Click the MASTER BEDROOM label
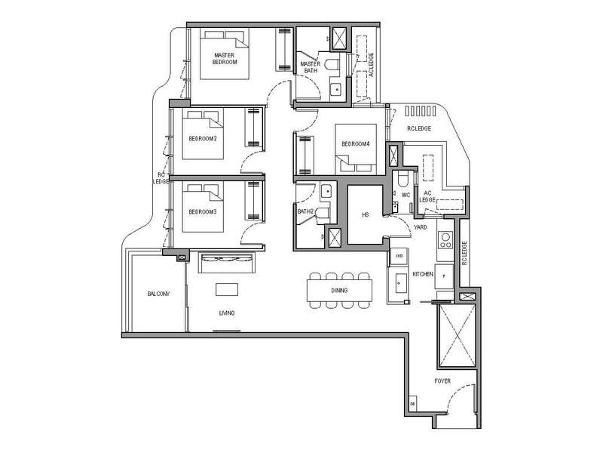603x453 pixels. click(225, 59)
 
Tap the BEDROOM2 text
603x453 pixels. click(203, 139)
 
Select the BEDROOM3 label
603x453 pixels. click(203, 211)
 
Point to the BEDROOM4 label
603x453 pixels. click(355, 144)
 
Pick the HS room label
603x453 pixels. click(366, 215)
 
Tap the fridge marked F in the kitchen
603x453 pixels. click(444, 276)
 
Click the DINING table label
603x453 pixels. click(339, 290)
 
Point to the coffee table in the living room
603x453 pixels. click(227, 289)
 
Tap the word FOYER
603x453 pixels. click(442, 381)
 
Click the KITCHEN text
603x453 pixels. click(422, 275)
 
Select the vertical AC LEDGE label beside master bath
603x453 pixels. click(369, 65)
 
